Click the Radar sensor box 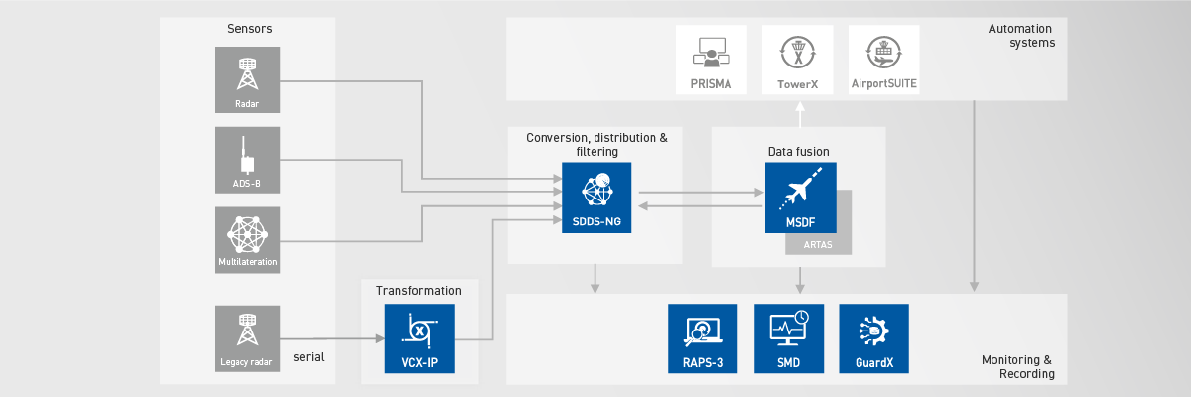click(x=247, y=79)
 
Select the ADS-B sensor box click(x=247, y=160)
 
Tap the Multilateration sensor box click(x=247, y=240)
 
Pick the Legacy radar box click(x=247, y=338)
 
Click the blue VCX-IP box click(x=419, y=338)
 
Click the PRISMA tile click(x=711, y=61)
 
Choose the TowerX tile click(x=797, y=61)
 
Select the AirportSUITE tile click(x=884, y=61)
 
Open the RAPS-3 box click(x=703, y=338)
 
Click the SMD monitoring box click(x=789, y=338)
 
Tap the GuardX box click(x=874, y=338)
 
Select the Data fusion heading click(x=798, y=151)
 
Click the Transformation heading click(x=418, y=291)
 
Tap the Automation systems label click(x=1021, y=36)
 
